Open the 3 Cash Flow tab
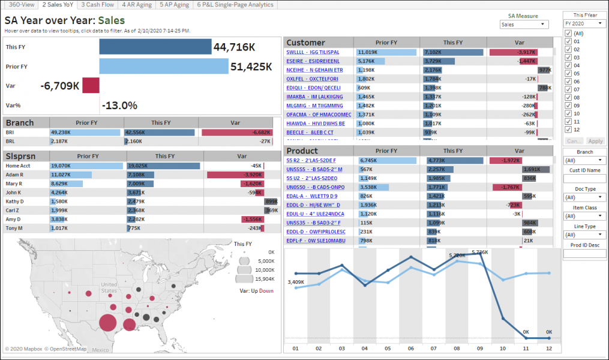[x=98, y=5]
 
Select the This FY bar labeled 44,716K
[x=155, y=47]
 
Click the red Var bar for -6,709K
[x=91, y=86]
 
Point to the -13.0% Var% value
[x=119, y=106]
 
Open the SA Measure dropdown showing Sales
[x=524, y=25]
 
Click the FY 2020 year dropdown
[x=583, y=23]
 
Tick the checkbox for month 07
[x=568, y=89]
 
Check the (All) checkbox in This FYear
[x=568, y=33]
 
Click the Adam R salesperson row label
[x=16, y=175]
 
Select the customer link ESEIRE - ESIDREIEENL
[x=313, y=61]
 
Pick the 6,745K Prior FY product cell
[x=368, y=160]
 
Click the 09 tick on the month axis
[x=479, y=348]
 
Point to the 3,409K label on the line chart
[x=296, y=281]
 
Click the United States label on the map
[x=109, y=287]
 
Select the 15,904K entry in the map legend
[x=263, y=279]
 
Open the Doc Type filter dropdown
[x=584, y=197]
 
